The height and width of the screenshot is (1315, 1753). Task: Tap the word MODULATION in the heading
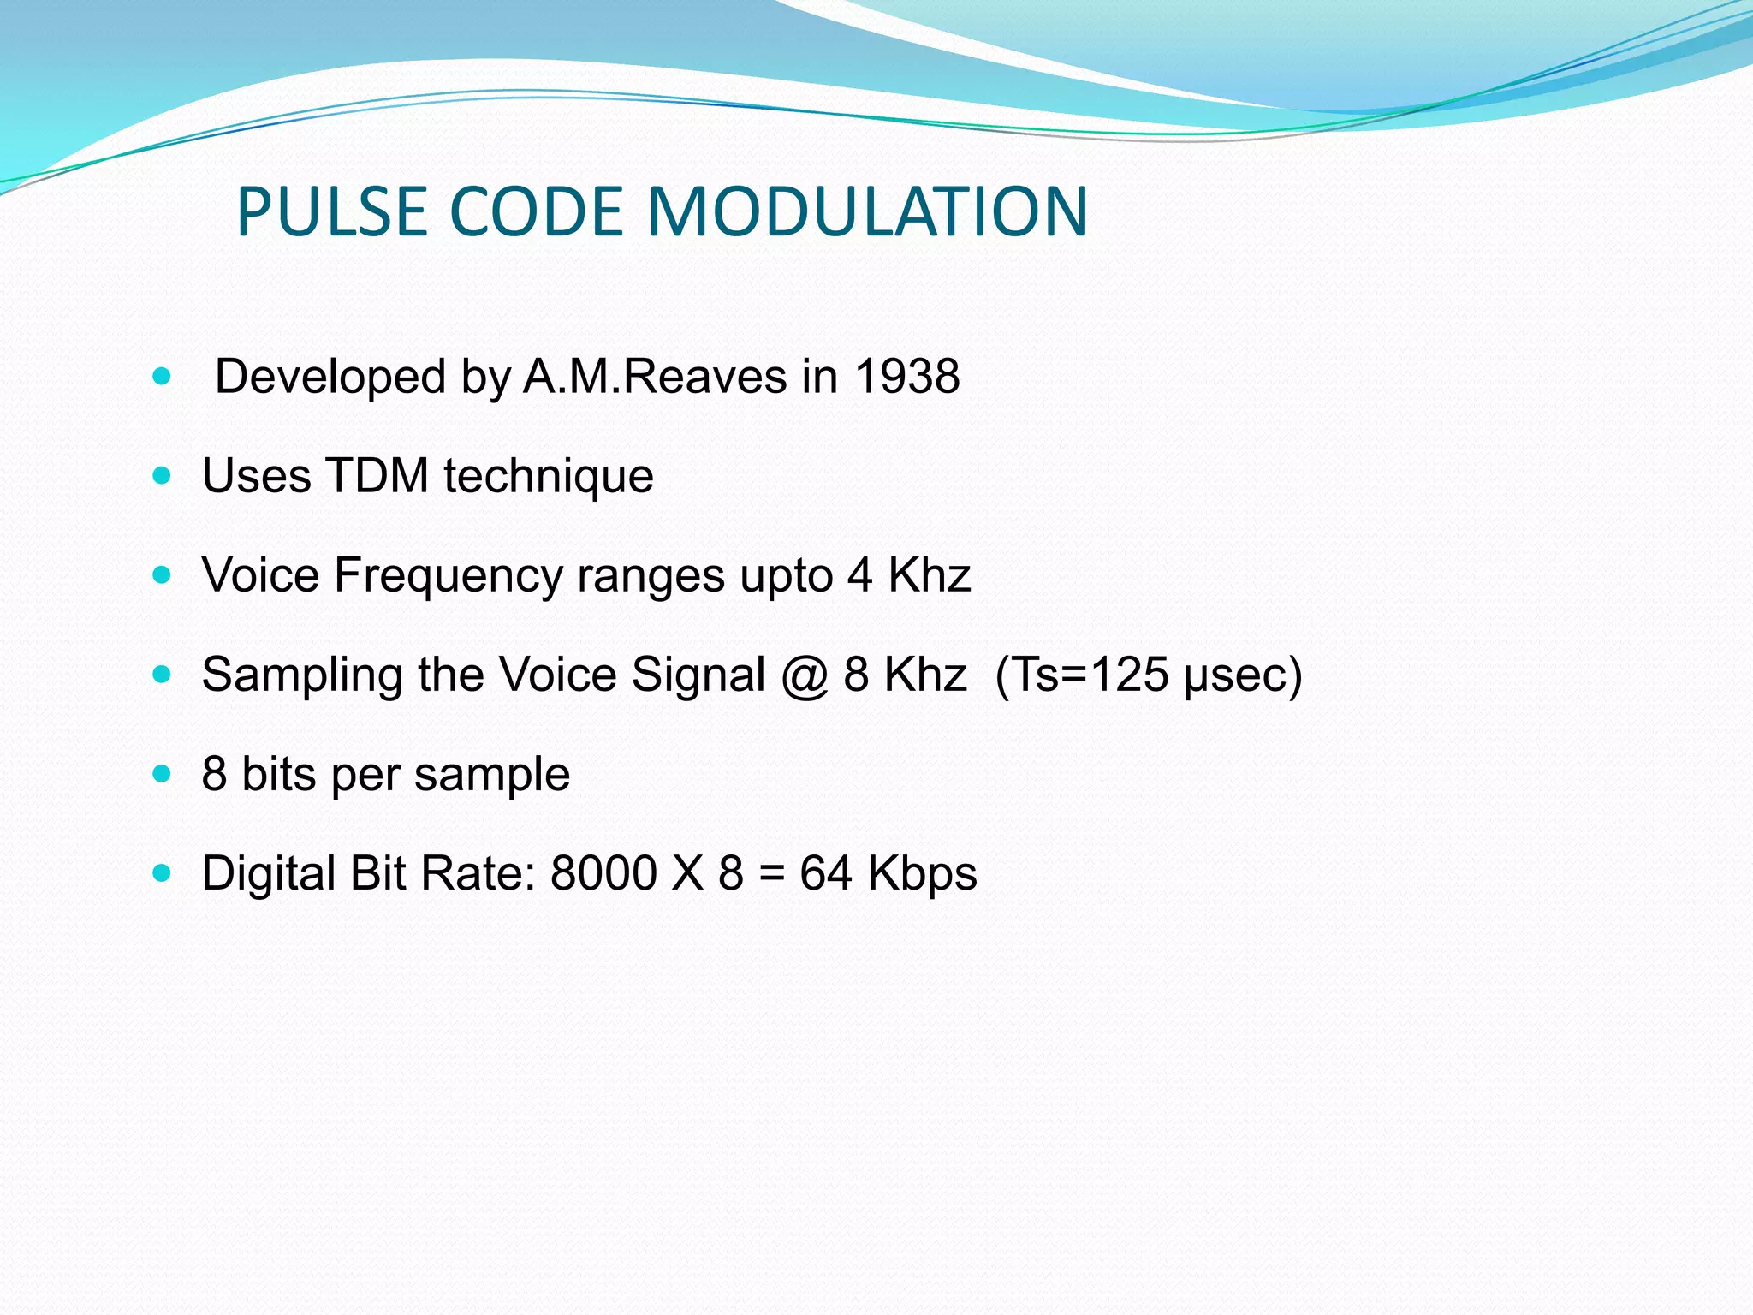pos(867,211)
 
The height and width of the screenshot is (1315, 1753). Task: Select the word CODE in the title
pos(536,211)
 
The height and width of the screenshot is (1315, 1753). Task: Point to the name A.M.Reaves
pos(655,377)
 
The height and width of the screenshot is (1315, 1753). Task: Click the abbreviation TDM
pos(377,476)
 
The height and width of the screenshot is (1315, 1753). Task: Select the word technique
pos(549,477)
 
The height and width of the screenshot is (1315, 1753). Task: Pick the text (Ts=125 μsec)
pos(1149,675)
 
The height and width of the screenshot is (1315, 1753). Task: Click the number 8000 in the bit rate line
pos(603,874)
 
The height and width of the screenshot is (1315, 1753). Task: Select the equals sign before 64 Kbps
pos(771,874)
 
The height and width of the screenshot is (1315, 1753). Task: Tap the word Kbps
pos(922,874)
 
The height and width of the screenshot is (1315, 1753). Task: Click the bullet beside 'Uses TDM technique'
pos(162,476)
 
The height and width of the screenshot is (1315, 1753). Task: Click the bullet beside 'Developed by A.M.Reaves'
pos(162,376)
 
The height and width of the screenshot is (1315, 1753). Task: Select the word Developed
pos(330,377)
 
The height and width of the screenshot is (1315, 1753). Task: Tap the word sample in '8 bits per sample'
pos(492,775)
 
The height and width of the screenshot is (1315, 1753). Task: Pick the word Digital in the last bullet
pos(268,874)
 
